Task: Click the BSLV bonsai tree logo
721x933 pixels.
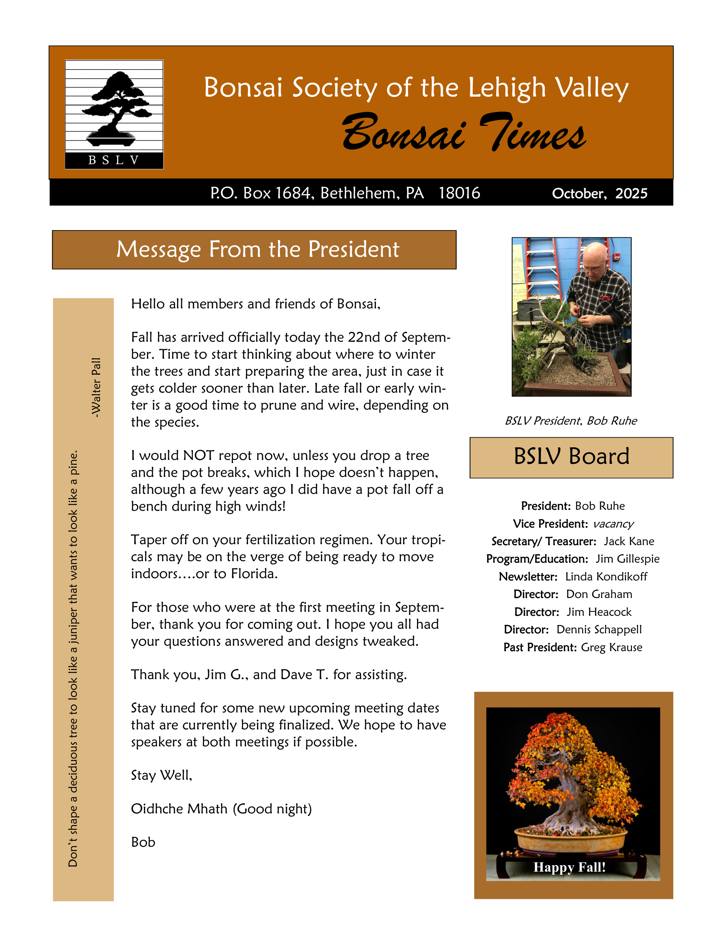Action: tap(114, 114)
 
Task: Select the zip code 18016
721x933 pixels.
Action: tap(459, 193)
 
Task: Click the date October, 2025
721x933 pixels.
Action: tap(599, 194)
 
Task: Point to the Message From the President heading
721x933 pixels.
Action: tap(258, 249)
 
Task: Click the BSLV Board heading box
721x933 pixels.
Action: tap(571, 457)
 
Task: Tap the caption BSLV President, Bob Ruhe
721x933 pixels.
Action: tap(571, 421)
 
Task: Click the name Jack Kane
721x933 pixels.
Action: tap(629, 541)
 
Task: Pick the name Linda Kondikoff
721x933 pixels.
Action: tap(606, 577)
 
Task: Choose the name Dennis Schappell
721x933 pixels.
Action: tap(599, 629)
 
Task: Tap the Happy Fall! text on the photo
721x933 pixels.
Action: tap(569, 867)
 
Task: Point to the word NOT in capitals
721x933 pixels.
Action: tap(198, 455)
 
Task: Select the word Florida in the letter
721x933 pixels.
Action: tap(254, 574)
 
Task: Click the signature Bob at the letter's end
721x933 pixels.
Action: tap(143, 842)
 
